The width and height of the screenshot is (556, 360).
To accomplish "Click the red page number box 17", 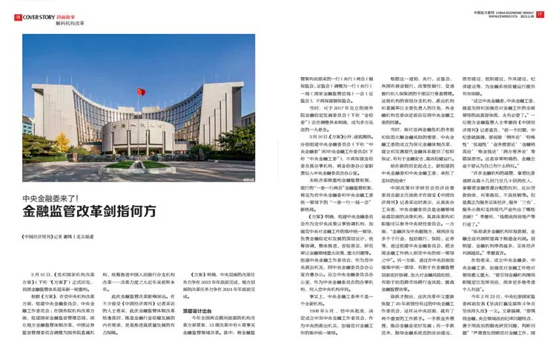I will (x=540, y=14).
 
